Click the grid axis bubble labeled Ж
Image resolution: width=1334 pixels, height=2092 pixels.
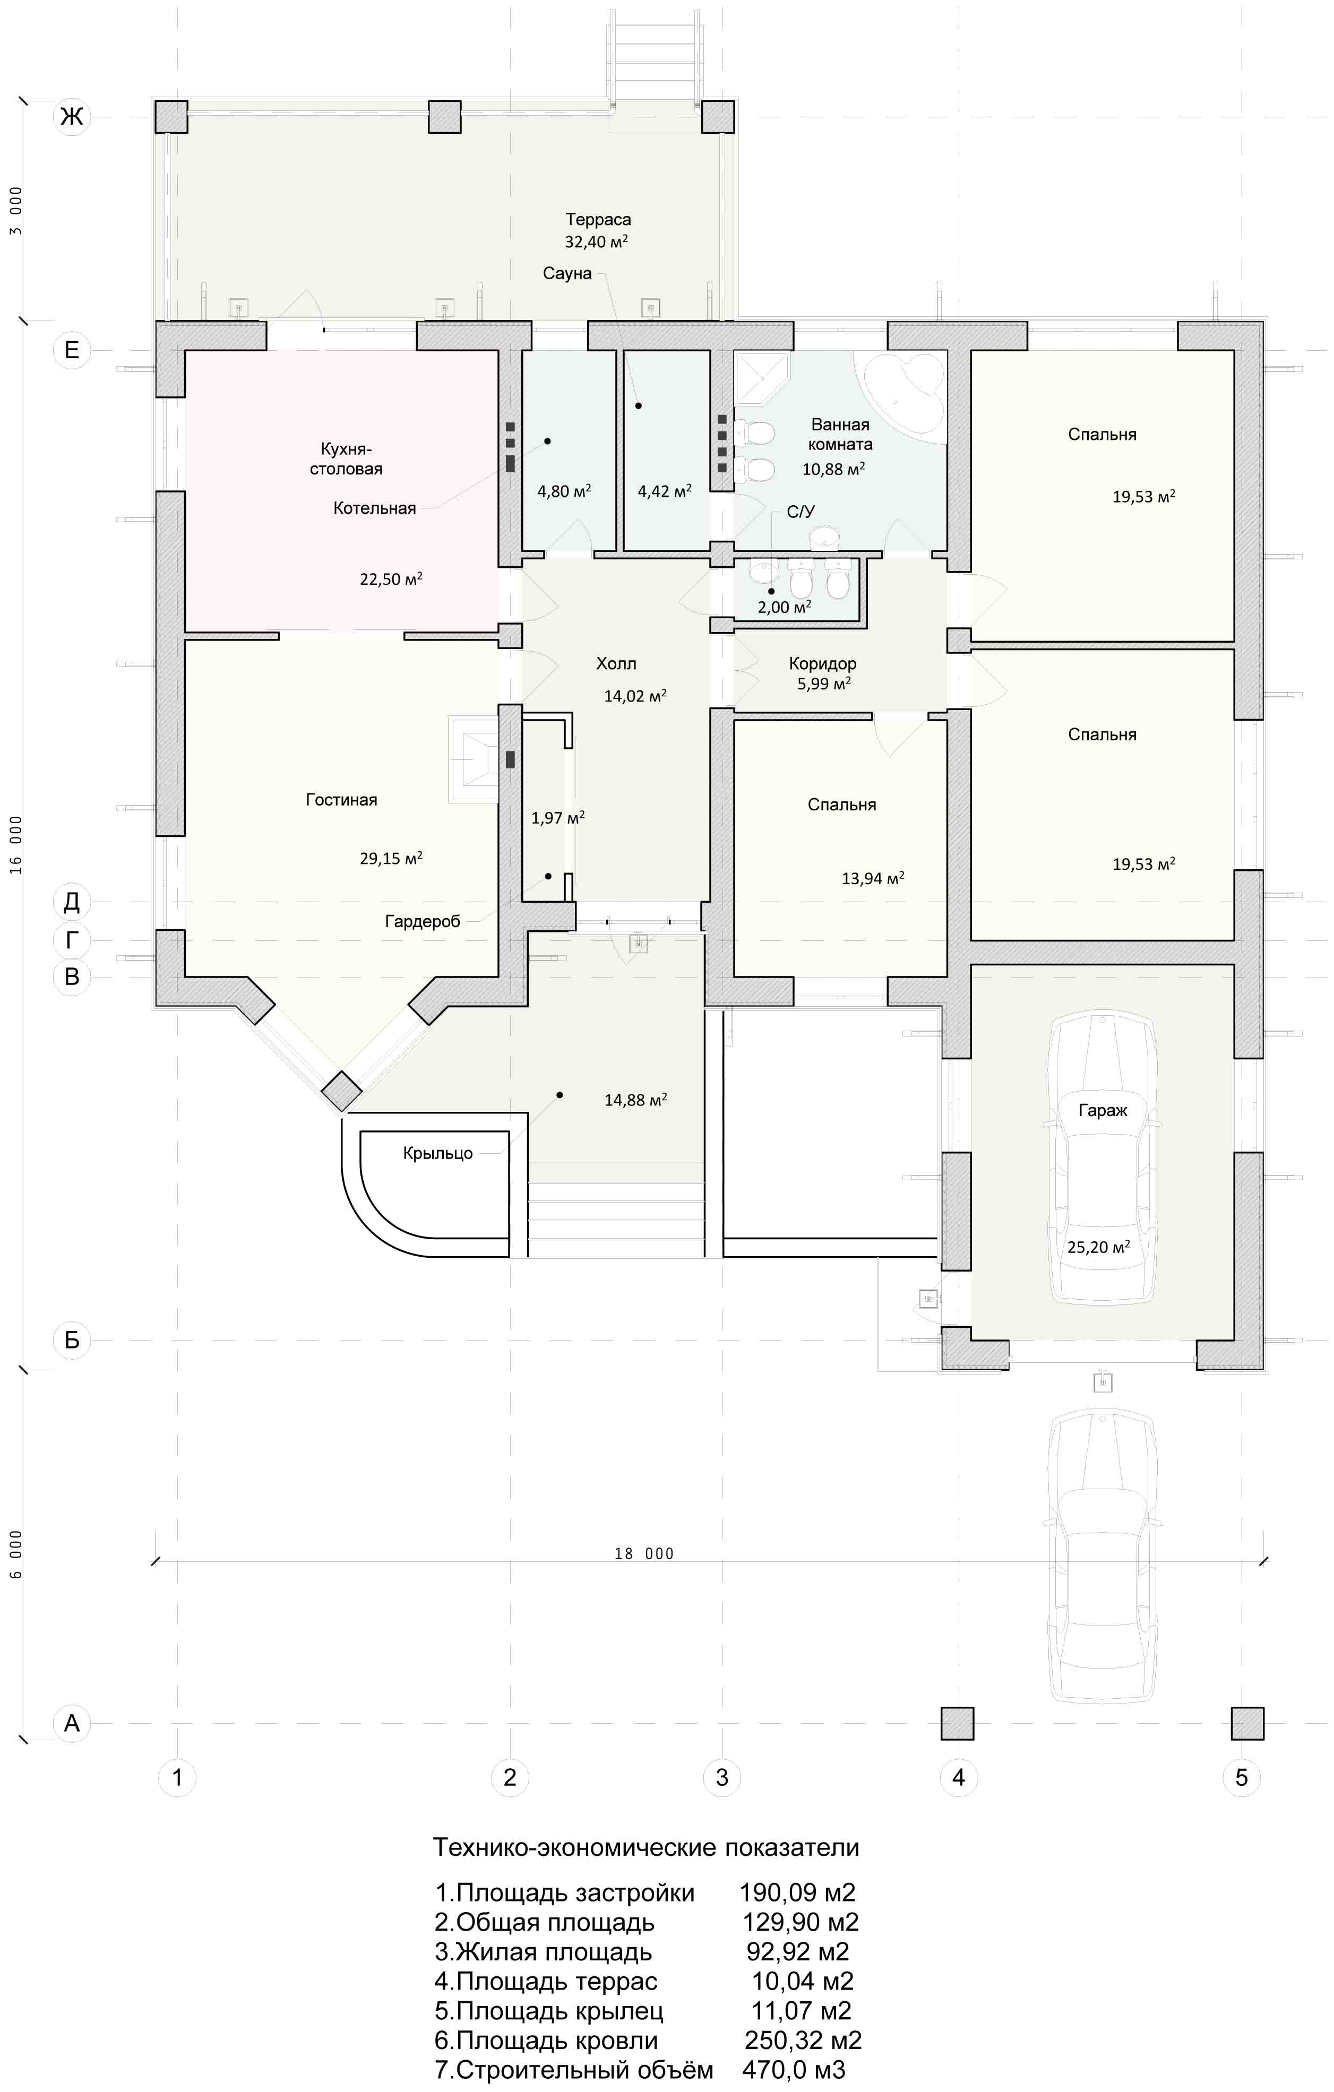pos(72,116)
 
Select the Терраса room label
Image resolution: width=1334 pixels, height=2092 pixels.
pos(598,220)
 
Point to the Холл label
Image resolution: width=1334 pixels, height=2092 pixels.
pos(616,664)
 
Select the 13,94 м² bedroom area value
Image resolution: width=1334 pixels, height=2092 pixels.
pos(873,878)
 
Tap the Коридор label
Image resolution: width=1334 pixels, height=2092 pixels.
pos(823,664)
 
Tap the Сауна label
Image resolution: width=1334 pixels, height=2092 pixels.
pos(567,274)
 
